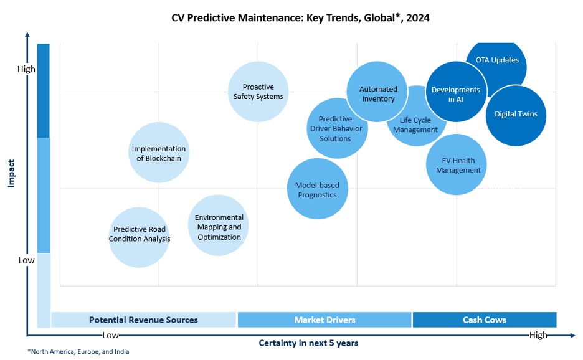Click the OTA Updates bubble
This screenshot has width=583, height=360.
pos(497,60)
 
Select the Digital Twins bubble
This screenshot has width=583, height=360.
pos(516,115)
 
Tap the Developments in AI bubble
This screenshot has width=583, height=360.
pos(456,94)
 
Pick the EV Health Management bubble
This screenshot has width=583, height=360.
pos(458,165)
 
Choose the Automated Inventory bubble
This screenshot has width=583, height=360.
pos(377,93)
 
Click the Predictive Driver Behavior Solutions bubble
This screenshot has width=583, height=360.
pos(336,128)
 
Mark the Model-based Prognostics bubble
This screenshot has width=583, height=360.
pos(317,189)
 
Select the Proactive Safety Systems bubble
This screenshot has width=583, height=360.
pos(258,92)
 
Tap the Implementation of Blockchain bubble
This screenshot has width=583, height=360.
pos(158,153)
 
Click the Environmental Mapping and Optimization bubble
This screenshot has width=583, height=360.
pos(219,227)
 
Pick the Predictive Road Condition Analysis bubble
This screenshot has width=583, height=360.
pos(139,234)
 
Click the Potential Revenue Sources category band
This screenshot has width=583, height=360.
pos(143,320)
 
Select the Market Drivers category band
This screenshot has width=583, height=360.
pos(325,320)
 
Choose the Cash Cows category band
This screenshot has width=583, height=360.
pos(484,320)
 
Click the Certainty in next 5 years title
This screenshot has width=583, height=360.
pos(308,343)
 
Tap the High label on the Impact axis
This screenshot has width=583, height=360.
pos(26,69)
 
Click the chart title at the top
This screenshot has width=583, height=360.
pos(300,18)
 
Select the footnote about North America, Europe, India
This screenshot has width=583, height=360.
pos(78,352)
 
